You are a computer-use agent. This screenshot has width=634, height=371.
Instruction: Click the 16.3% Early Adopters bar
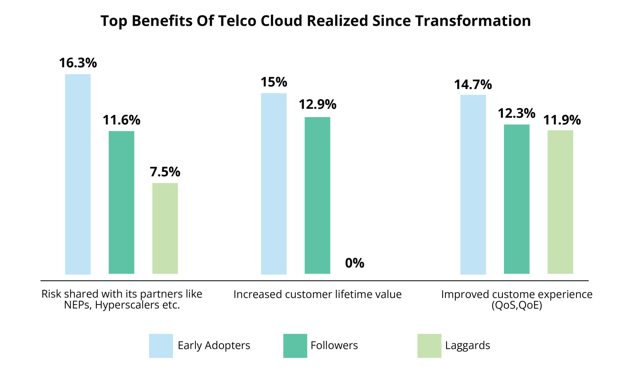click(x=78, y=174)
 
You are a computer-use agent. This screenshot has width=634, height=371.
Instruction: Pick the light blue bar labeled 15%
click(x=274, y=184)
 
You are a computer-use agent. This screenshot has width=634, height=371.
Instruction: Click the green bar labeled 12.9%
click(x=317, y=195)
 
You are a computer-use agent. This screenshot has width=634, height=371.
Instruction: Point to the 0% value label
click(x=354, y=263)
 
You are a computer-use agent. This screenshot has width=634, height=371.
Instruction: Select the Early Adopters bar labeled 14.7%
click(x=473, y=184)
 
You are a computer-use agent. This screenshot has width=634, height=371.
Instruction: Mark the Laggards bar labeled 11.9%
click(x=560, y=202)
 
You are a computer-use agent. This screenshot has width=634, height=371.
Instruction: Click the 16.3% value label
click(x=78, y=63)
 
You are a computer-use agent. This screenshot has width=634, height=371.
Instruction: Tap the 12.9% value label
click(x=317, y=104)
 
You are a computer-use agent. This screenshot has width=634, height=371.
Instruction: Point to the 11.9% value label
click(x=562, y=120)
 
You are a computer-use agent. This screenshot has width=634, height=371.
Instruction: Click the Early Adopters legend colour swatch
click(x=161, y=346)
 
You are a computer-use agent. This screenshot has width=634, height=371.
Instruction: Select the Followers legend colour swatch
click(x=295, y=346)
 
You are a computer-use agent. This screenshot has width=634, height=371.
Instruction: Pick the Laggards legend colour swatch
click(x=429, y=346)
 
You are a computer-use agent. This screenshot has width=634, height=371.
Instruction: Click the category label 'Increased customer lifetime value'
click(x=317, y=294)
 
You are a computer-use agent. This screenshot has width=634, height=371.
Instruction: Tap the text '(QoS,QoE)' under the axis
click(x=517, y=305)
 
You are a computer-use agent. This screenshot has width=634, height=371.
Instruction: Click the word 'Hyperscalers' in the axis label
click(x=127, y=305)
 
